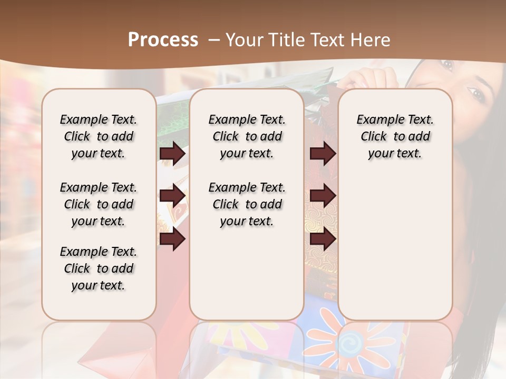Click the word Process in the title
point(163,39)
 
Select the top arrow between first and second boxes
point(172,154)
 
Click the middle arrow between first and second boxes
point(172,196)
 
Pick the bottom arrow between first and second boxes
point(172,240)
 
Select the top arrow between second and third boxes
point(323,154)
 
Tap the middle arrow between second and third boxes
point(323,196)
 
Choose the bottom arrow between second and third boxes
point(323,240)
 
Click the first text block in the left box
point(99,136)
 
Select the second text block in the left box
point(99,204)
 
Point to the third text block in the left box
point(99,268)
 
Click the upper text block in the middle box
point(247,136)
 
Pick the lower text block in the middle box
point(247,204)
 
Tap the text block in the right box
point(395,136)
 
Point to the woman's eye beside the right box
point(477,95)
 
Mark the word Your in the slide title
point(245,39)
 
